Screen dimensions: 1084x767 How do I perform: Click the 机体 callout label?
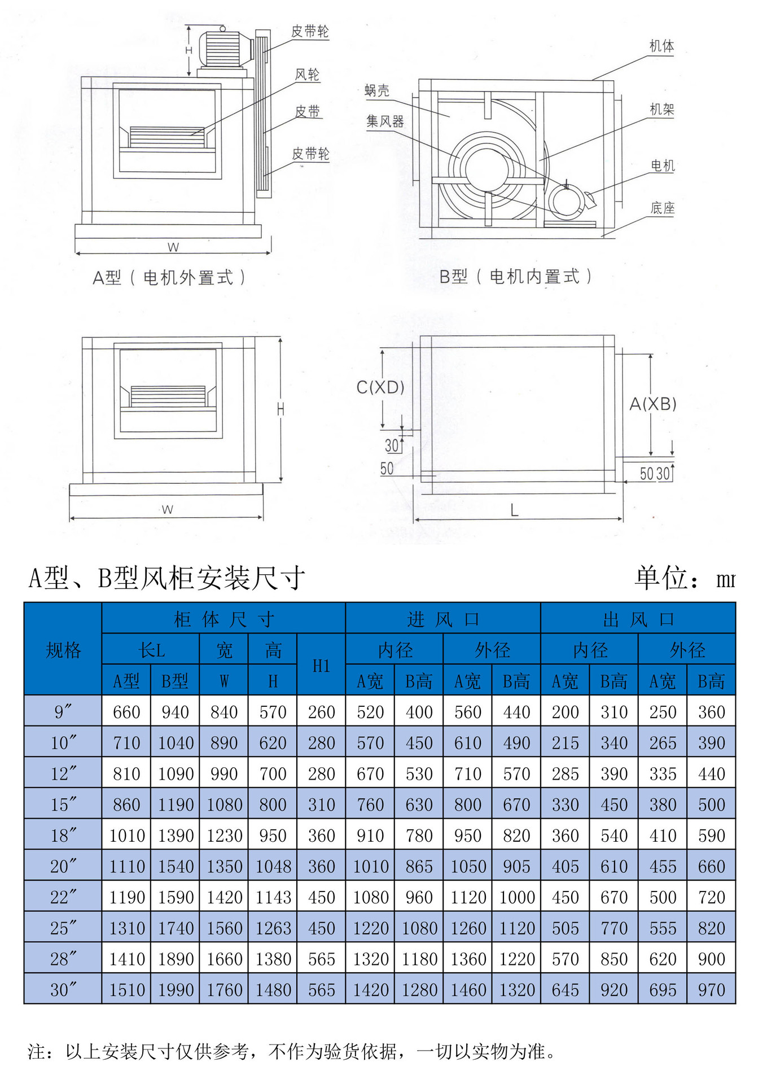pos(661,46)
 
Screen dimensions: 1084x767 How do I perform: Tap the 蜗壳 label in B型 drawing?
pos(377,90)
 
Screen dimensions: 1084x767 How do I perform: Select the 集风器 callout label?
pos(385,121)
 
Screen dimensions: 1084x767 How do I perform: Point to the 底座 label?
pos(662,208)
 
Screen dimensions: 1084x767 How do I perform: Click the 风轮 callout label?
pos(308,75)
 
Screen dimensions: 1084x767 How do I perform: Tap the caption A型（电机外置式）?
pos(169,278)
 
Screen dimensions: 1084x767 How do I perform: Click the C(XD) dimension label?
pos(380,387)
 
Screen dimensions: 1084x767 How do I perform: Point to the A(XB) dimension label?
pos(653,404)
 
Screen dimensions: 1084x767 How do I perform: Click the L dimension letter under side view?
pos(514,511)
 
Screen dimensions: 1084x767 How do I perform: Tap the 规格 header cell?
pos(63,650)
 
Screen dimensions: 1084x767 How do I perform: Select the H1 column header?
pos(321,666)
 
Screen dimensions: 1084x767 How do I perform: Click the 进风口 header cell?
pos(443,619)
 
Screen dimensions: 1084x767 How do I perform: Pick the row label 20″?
pos(63,866)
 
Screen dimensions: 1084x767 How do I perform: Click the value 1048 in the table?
pos(273,866)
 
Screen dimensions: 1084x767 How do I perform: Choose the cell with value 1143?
pos(273,897)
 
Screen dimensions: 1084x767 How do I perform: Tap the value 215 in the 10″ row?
pos(565,743)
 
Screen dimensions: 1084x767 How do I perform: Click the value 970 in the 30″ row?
pos(711,990)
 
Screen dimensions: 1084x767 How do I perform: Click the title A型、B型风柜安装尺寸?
pos(167,578)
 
